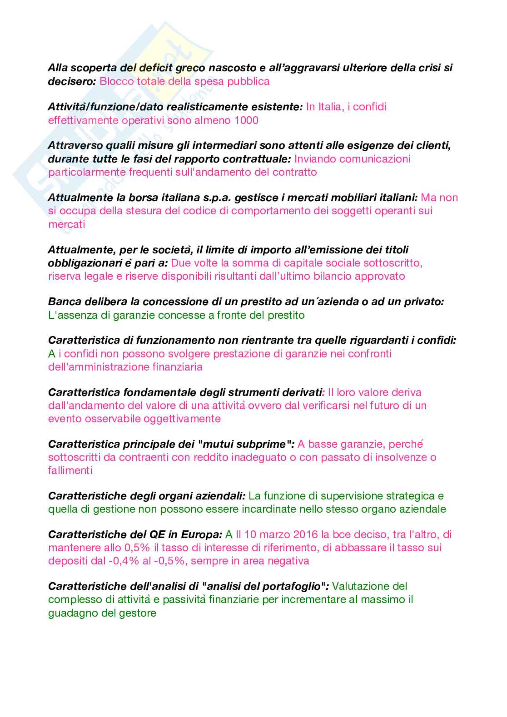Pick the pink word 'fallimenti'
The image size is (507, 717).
[70, 470]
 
